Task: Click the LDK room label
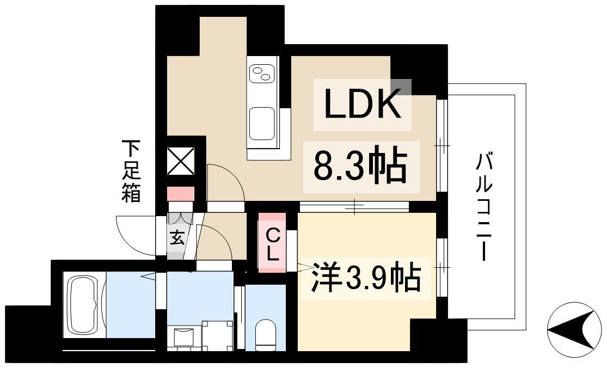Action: tap(362, 105)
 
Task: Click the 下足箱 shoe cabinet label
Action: tap(131, 171)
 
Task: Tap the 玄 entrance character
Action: tap(176, 238)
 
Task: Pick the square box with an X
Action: tap(180, 162)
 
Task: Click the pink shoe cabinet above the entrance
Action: tap(180, 194)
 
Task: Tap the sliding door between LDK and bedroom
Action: tap(354, 206)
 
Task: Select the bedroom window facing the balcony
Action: tap(442, 267)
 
